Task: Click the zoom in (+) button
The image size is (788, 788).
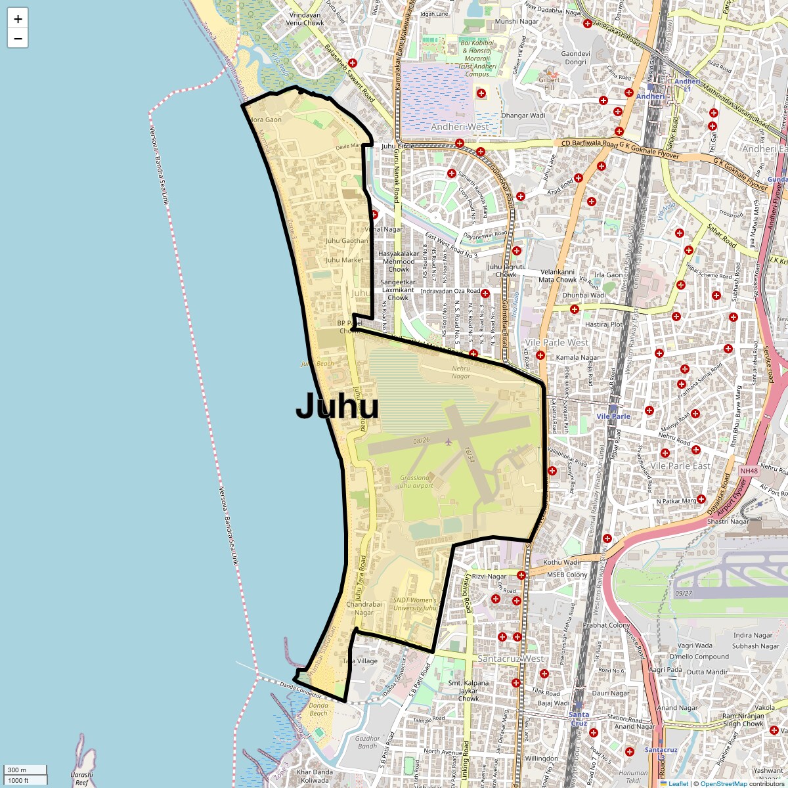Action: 18,19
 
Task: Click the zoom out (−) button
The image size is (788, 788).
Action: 18,39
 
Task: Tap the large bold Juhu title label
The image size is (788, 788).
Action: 337,406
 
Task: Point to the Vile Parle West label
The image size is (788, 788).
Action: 557,343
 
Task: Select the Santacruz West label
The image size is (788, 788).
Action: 510,659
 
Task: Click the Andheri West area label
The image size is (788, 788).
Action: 460,127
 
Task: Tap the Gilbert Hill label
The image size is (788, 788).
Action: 550,83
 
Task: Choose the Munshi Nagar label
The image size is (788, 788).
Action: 517,22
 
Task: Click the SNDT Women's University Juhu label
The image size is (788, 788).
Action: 415,604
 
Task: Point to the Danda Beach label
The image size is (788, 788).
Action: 318,710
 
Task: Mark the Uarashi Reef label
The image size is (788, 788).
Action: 81,779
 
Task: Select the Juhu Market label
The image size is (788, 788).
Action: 344,260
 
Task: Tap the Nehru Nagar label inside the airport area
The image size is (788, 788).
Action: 461,372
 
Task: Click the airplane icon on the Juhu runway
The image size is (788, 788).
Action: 449,441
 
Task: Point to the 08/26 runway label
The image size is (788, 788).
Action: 422,440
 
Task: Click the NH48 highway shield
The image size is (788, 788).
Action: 749,471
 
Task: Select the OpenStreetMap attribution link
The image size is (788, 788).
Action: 723,783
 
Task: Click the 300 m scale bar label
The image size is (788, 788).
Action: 18,770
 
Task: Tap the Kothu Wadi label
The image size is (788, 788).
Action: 561,562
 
